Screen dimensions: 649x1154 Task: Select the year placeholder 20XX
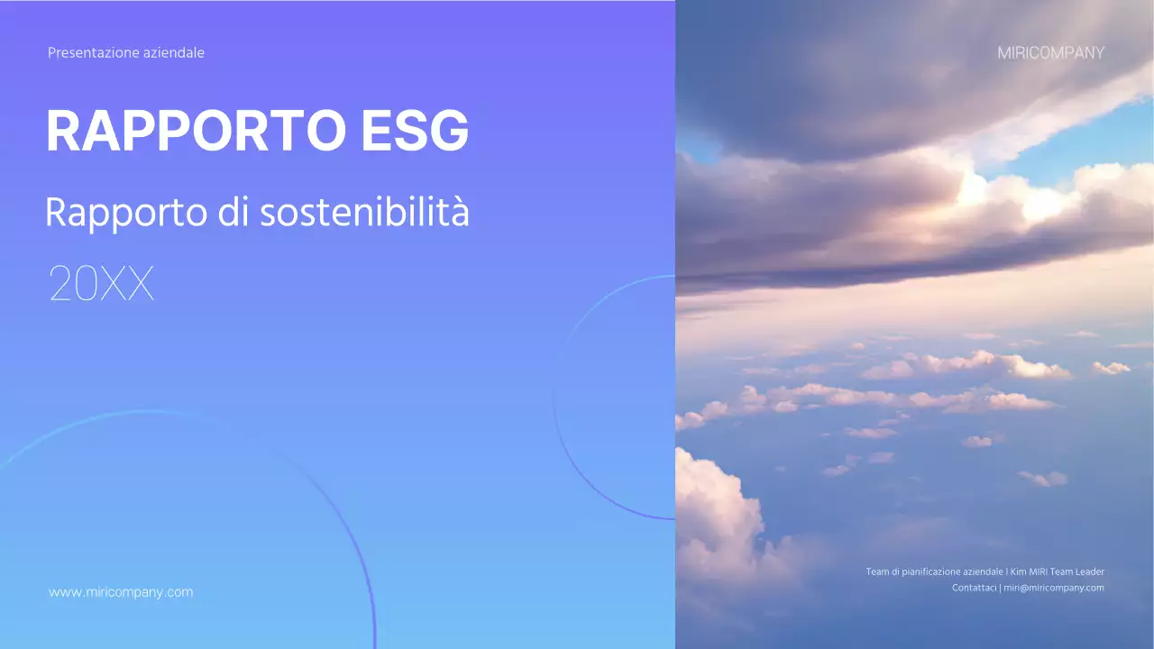pos(101,284)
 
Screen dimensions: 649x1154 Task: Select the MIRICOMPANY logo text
pos(1050,53)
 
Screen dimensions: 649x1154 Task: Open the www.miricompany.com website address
pos(121,592)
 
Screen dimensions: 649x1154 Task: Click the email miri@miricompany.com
pos(1054,588)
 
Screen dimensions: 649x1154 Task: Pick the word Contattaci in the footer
pos(974,588)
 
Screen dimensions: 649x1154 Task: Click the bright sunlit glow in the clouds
pos(1028,203)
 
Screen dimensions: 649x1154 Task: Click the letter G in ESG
pos(448,131)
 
